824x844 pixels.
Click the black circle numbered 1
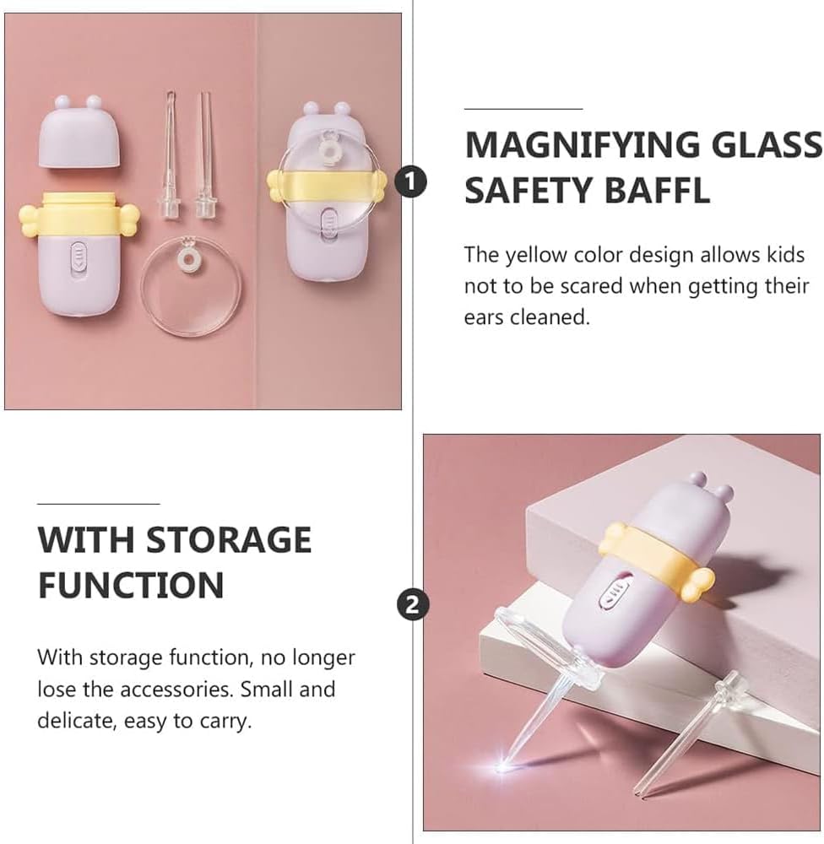coord(410,181)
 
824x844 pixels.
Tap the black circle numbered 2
coord(411,604)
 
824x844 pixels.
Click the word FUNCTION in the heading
coord(131,585)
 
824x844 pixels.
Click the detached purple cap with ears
coord(83,132)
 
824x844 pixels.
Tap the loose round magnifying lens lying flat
coord(191,288)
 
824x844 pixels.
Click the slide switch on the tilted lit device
coord(613,590)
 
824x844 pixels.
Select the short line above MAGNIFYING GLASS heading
coord(523,109)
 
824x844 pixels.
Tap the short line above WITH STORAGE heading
coord(98,504)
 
